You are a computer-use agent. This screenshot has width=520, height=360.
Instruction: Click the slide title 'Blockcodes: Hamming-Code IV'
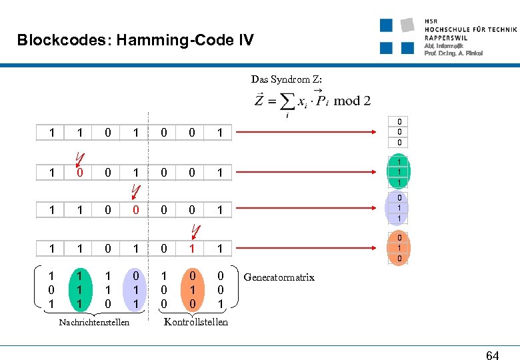135,41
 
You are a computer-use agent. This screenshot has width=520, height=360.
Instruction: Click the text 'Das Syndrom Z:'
286,79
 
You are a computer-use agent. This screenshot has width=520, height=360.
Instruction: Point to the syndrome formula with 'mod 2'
312,101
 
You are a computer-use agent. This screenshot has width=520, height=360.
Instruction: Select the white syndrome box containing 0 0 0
399,133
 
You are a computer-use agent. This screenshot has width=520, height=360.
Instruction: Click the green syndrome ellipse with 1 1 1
399,173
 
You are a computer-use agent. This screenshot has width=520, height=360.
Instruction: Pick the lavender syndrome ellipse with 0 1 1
399,209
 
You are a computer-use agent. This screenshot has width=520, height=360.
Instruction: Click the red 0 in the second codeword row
79,173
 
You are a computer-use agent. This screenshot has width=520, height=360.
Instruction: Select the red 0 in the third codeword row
136,209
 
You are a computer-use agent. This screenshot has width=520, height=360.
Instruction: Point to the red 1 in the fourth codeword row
192,248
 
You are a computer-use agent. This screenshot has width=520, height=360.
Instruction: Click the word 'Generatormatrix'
279,277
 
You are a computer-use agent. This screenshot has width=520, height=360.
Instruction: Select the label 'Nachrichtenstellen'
93,323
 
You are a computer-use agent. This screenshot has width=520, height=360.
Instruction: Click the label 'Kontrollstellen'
196,322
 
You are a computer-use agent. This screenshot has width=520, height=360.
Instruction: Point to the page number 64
492,355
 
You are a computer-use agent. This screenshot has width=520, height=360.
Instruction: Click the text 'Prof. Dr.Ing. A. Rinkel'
453,53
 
